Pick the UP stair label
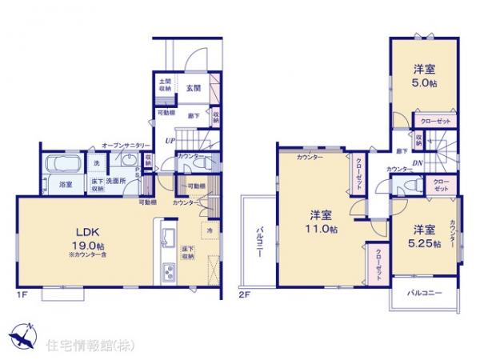[x=170, y=141]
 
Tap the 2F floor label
[x=245, y=297]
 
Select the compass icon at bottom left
[x=22, y=336]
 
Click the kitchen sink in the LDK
[x=170, y=238]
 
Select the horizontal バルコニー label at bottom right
[x=424, y=294]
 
